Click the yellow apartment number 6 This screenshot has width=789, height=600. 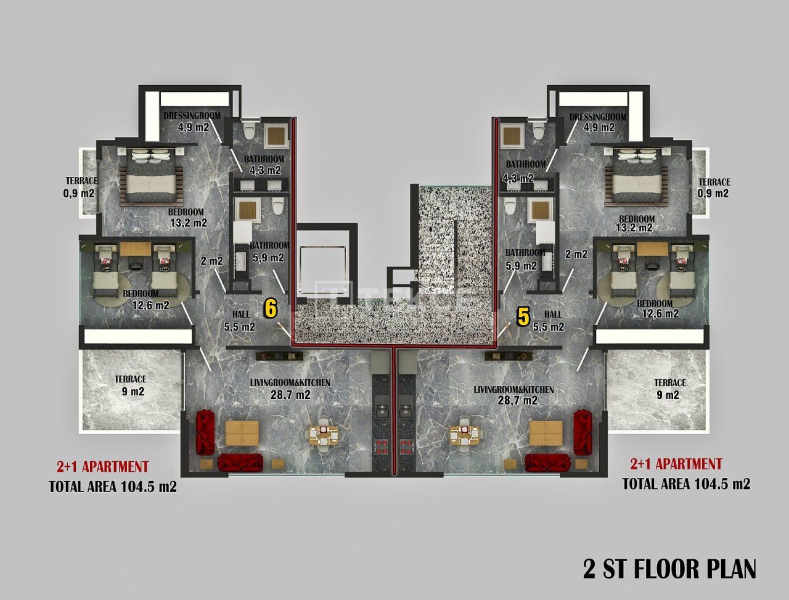tap(269, 308)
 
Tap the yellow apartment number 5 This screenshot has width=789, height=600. tap(523, 317)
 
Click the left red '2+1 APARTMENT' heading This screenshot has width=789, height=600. tap(102, 467)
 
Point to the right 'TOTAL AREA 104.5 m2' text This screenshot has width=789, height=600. tap(686, 484)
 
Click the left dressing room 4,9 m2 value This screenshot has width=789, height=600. tap(194, 128)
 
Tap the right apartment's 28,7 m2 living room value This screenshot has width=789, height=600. tap(514, 400)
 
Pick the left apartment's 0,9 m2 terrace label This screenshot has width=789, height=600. tap(80, 193)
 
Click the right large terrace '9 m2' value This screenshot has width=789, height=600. tap(669, 395)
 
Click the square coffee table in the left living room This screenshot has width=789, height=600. tap(242, 433)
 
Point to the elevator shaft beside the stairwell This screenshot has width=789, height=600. tap(322, 265)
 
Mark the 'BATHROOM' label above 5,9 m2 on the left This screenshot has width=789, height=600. tap(269, 245)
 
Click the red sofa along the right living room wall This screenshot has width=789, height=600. tap(581, 432)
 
